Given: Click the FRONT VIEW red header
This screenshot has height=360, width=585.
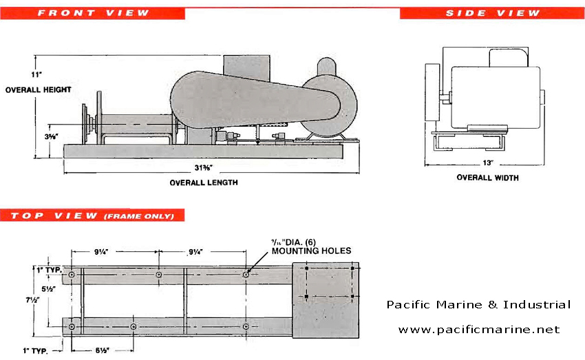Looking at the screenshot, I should pos(92,12).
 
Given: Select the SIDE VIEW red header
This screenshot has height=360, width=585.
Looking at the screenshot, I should pos(491,13).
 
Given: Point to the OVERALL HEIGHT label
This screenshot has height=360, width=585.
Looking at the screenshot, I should pos(38,89).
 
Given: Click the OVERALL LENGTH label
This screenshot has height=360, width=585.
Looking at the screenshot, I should pos(204,182).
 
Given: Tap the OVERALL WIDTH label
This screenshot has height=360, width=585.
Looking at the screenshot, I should pos(487,178).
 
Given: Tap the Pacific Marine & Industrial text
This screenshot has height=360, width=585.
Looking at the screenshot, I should pos(478,304).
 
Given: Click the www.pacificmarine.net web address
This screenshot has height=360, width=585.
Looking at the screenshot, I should pos(479,330).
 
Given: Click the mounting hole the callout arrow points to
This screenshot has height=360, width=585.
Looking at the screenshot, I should pos(246,274).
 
